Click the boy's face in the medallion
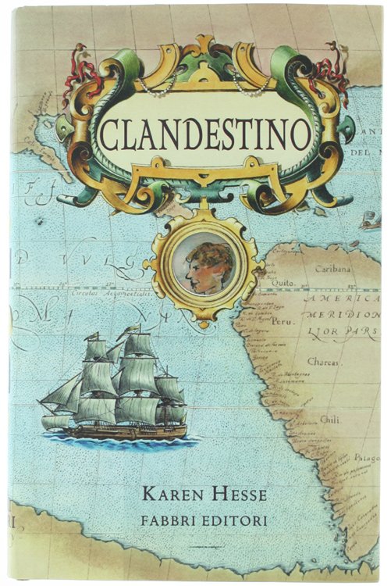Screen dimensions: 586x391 [210, 268]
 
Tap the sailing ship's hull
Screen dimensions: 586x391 [125, 431]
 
